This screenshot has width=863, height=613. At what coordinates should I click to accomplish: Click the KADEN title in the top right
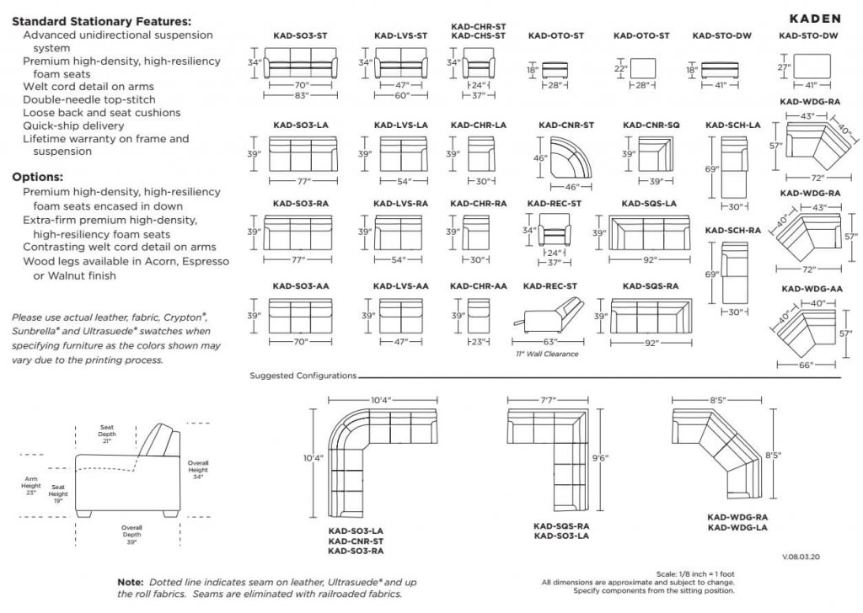pyautogui.click(x=815, y=18)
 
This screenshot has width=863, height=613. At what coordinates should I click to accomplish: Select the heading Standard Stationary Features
pyautogui.click(x=102, y=21)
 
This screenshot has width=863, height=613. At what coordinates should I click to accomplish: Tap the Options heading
pyautogui.click(x=38, y=178)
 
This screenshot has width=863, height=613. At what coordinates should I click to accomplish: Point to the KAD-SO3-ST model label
pyautogui.click(x=300, y=36)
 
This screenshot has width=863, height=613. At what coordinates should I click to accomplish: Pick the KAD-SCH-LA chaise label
pyautogui.click(x=732, y=125)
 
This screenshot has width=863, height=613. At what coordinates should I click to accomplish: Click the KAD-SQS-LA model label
pyautogui.click(x=648, y=204)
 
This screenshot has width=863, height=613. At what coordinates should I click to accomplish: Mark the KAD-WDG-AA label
pyautogui.click(x=810, y=289)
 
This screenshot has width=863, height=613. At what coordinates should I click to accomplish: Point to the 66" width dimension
pyautogui.click(x=806, y=365)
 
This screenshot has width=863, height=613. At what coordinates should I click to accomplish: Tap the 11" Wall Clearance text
pyautogui.click(x=546, y=354)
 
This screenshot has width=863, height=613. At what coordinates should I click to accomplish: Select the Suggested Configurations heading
pyautogui.click(x=303, y=376)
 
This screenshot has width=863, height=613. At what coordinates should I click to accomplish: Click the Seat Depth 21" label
pyautogui.click(x=107, y=434)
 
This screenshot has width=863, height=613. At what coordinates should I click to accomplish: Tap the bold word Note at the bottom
pyautogui.click(x=131, y=582)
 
